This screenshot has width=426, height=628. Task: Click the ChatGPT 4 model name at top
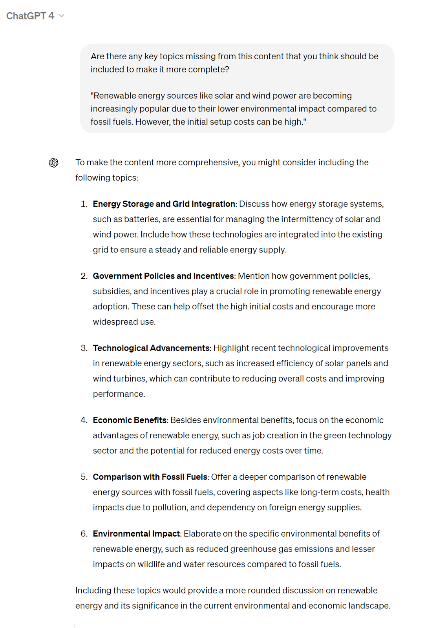point(30,16)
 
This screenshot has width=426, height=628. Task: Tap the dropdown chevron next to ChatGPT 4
point(61,16)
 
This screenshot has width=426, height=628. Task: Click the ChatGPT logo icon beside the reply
point(54,162)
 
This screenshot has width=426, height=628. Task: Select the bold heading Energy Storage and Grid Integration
point(164,204)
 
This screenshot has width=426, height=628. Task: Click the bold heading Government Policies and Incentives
point(163,276)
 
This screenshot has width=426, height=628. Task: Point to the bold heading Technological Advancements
point(151,348)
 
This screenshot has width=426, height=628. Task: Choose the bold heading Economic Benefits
point(130,420)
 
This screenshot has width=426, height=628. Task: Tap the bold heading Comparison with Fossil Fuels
point(150,477)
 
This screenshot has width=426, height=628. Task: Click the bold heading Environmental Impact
point(137,534)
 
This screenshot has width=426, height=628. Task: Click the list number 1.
point(84,204)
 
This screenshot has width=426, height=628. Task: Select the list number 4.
point(84,420)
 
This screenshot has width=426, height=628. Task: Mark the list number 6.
point(84,534)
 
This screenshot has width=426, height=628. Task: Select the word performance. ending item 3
point(119,394)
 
